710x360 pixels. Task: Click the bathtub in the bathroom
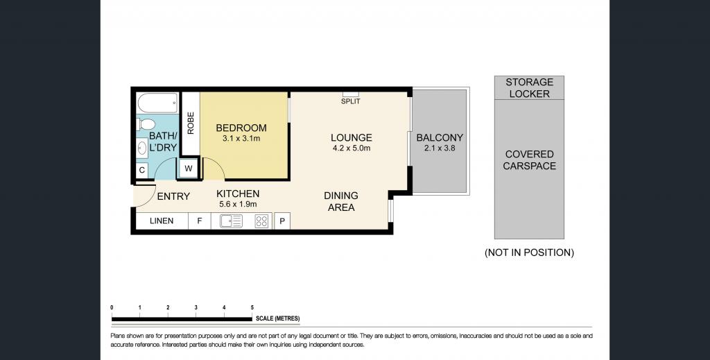158,103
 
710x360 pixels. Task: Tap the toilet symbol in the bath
146,124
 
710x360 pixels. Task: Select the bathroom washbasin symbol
142,148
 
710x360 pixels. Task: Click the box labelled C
142,170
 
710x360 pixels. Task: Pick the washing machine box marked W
189,169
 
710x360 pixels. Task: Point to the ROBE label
191,123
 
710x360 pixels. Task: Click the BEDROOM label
241,128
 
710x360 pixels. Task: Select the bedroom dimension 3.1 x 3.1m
241,139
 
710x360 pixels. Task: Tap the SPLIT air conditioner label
350,101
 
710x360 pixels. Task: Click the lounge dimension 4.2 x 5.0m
352,148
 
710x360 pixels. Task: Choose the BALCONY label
440,137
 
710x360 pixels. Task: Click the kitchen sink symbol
231,221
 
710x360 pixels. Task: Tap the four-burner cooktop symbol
261,221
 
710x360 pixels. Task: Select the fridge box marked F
199,221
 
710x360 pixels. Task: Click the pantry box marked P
282,221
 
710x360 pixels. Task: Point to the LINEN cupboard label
162,221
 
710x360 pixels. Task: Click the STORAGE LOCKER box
529,88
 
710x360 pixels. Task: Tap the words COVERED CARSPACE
529,160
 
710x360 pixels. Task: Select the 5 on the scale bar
252,308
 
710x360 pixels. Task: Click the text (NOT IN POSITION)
529,252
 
